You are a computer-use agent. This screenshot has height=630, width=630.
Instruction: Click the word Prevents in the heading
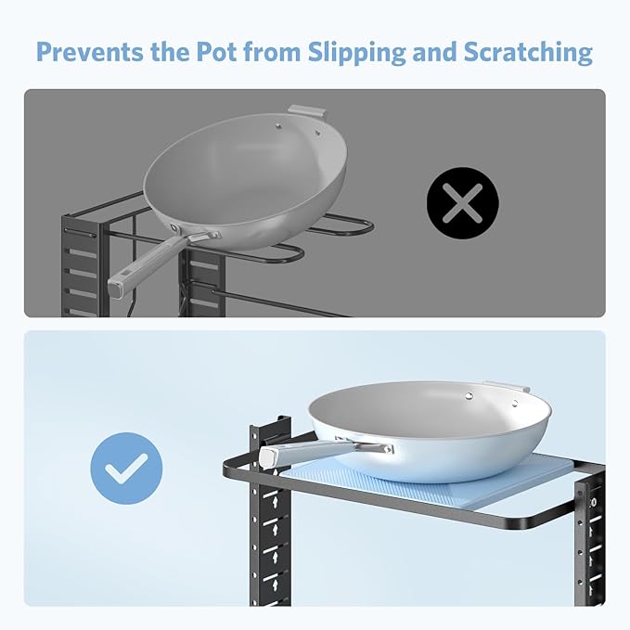(90, 51)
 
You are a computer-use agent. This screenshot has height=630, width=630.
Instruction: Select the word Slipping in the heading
(357, 53)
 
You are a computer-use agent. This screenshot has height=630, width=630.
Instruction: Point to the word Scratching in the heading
(528, 53)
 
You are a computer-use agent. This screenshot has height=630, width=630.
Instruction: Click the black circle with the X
(462, 203)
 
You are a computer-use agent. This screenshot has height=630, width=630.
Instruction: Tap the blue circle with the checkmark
(126, 469)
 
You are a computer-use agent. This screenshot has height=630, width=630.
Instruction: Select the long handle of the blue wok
(326, 452)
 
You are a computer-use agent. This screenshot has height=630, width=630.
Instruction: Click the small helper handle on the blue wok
(507, 387)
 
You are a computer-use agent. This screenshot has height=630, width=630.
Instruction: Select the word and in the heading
(435, 51)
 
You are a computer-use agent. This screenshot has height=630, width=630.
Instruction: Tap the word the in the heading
(170, 51)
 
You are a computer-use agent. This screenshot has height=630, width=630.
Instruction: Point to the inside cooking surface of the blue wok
(426, 405)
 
